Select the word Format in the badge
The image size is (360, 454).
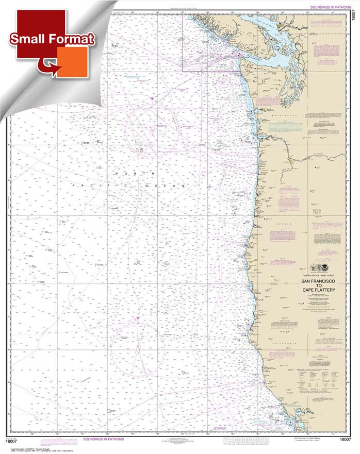pyautogui.click(x=71, y=39)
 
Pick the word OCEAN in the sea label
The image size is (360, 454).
pyautogui.click(x=175, y=184)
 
